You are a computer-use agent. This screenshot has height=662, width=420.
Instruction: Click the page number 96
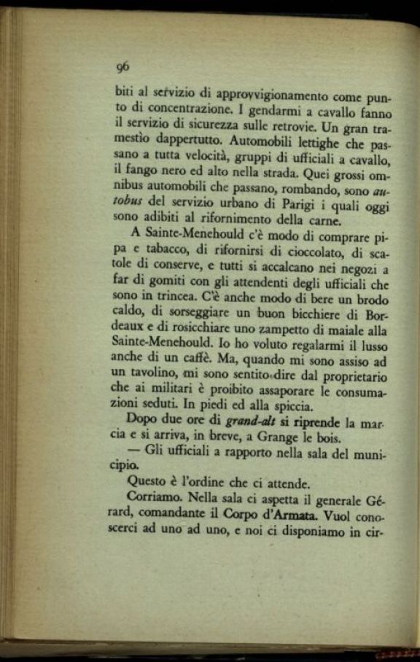(x=122, y=66)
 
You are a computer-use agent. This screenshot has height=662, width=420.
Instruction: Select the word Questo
(x=146, y=483)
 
